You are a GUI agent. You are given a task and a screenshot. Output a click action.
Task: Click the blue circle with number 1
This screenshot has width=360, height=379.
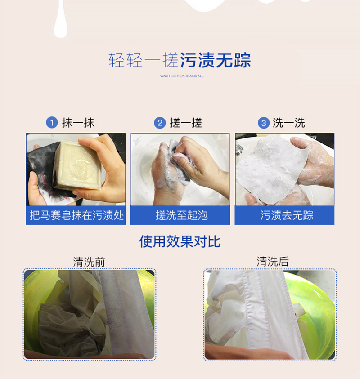pyautogui.click(x=52, y=123)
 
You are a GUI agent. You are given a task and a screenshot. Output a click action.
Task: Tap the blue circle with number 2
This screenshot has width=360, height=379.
pyautogui.click(x=160, y=123)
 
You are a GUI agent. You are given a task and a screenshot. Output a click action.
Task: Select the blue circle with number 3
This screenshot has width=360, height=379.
pyautogui.click(x=264, y=123)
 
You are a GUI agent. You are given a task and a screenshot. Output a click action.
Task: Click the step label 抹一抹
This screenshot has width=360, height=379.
pyautogui.click(x=78, y=123)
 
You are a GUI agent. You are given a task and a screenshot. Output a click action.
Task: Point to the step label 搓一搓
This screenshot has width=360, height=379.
pyautogui.click(x=186, y=123)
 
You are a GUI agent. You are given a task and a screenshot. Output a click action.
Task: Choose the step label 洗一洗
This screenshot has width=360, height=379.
pyautogui.click(x=289, y=123)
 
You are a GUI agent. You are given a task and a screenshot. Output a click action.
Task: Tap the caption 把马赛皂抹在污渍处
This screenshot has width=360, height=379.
pyautogui.click(x=76, y=215)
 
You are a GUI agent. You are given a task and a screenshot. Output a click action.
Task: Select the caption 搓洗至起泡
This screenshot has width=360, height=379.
pyautogui.click(x=182, y=215)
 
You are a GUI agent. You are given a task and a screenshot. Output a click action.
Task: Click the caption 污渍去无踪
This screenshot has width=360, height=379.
pyautogui.click(x=287, y=215)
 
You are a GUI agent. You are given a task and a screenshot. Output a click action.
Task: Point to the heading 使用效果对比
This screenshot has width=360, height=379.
pyautogui.click(x=180, y=241)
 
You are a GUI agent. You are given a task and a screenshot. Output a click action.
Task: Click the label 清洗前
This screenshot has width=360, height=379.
pyautogui.click(x=89, y=262)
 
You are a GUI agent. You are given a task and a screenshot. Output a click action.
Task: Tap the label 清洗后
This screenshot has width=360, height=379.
pyautogui.click(x=273, y=262)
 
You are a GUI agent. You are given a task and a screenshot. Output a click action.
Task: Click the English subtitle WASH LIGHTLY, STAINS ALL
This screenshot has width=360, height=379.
pyautogui.click(x=182, y=76)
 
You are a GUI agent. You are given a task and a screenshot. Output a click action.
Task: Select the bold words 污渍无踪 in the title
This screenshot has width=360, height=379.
pyautogui.click(x=215, y=60)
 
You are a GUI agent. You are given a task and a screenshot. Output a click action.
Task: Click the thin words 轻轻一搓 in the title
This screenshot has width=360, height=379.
pyautogui.click(x=143, y=60)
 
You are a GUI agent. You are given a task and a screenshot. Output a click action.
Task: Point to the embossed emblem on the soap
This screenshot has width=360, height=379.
pyautogui.click(x=80, y=165)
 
